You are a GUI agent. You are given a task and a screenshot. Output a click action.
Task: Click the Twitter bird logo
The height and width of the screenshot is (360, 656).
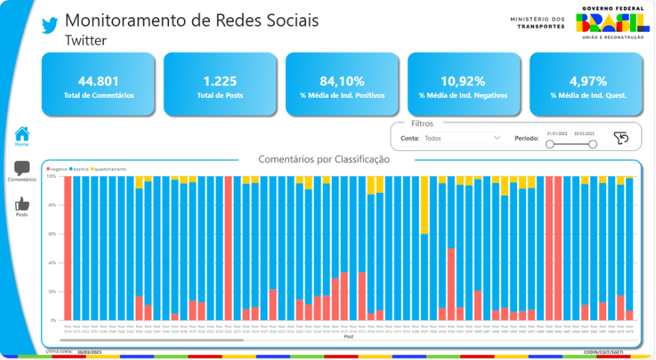coord(49,25)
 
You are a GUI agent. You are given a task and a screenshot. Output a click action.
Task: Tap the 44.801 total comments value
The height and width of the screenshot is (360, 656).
coord(98,81)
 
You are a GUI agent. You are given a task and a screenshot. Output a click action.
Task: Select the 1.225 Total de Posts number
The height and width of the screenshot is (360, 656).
coord(220,81)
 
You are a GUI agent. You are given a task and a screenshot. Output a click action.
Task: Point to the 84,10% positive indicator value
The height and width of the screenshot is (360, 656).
coord(341,81)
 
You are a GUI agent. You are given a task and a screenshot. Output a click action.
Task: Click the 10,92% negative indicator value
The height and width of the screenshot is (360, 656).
coord(463,81)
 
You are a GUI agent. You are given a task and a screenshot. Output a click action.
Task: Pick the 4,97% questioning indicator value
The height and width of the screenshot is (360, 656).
coord(585,81)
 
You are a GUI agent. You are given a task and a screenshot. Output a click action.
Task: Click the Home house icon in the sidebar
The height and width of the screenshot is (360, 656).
coord(22,134)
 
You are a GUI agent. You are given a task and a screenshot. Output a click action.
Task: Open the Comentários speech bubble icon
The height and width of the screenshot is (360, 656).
coord(22,169)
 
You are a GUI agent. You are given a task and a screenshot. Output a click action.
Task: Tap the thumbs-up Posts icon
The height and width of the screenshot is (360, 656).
coord(22,203)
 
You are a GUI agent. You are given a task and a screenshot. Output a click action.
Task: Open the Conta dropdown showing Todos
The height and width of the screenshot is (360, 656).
coord(462,138)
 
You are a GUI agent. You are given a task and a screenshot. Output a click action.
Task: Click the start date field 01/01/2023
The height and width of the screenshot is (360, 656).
coord(557,134)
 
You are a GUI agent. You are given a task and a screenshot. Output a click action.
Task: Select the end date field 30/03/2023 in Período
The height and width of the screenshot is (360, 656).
coord(584,134)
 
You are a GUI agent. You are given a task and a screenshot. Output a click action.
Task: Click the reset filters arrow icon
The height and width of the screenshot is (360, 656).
coord(621,138)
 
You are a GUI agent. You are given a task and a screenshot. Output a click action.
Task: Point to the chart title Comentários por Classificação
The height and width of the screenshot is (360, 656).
coord(324,159)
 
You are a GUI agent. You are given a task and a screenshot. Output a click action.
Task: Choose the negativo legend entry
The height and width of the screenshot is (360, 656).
coord(58,170)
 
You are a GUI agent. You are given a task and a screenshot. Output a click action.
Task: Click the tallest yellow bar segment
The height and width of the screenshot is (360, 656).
coord(424,205)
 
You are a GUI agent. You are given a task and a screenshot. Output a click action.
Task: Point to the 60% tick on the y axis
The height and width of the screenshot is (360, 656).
coord(52,234)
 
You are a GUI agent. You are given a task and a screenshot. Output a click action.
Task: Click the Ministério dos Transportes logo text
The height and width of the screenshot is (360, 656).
coord(538,23)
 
